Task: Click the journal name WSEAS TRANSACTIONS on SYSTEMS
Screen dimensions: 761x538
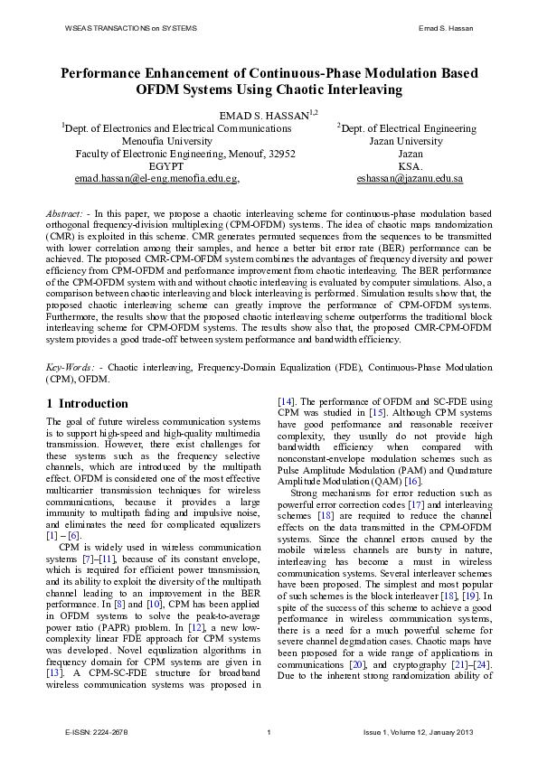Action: [x=131, y=29]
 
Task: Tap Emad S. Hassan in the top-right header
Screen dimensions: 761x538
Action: [x=448, y=29]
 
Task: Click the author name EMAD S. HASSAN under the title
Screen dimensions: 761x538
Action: [x=264, y=115]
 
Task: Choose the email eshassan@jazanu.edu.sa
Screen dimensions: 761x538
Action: [x=410, y=179]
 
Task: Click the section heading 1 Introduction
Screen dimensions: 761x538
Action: [x=87, y=403]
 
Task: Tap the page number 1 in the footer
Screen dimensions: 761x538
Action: [x=269, y=732]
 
